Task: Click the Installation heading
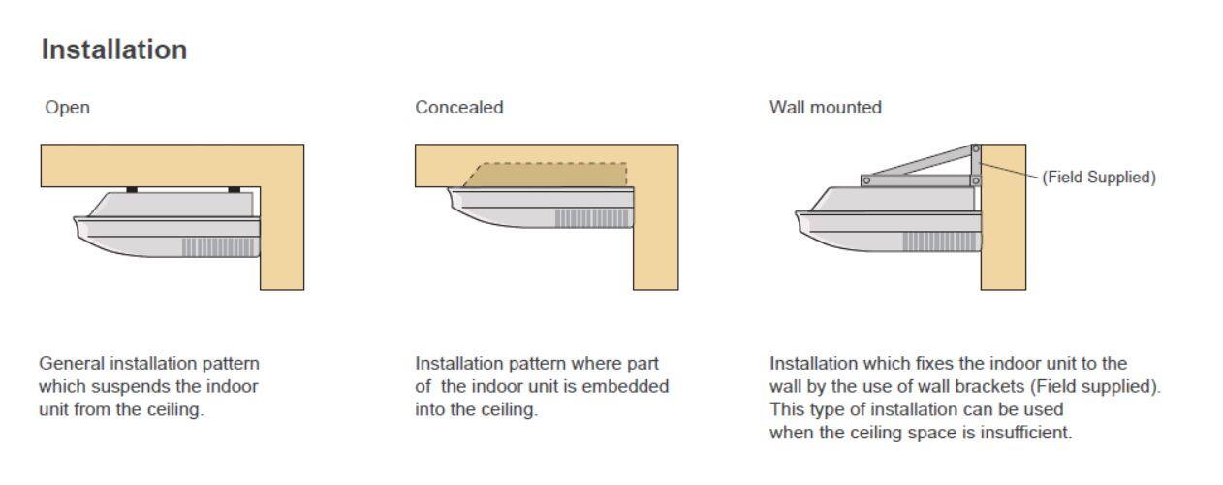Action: click(x=113, y=50)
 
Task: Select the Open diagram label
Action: click(x=68, y=108)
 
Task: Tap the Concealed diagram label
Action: click(x=459, y=108)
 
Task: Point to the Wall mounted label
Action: click(x=825, y=108)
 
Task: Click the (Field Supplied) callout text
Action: click(x=1099, y=178)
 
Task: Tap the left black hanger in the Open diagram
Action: click(x=132, y=189)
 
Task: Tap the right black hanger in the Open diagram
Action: click(x=234, y=189)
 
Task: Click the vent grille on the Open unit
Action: click(x=219, y=246)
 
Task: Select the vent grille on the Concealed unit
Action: click(x=592, y=217)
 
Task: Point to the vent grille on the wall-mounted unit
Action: click(x=941, y=242)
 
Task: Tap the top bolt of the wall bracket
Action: click(x=975, y=148)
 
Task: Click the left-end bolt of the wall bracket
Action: click(x=866, y=180)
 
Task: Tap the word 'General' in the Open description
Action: click(x=71, y=363)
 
